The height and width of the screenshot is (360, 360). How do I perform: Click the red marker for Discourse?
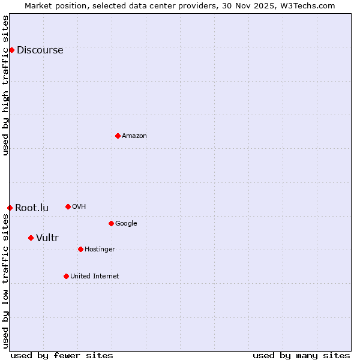click(11, 50)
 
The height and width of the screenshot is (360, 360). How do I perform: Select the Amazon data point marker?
click(118, 136)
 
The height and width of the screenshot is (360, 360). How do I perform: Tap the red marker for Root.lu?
click(10, 208)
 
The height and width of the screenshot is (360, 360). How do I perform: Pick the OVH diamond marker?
click(68, 206)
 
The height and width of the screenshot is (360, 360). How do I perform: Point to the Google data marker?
click(111, 223)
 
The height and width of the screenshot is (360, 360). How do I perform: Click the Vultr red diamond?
click(31, 238)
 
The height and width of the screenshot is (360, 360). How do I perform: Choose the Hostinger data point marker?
click(80, 249)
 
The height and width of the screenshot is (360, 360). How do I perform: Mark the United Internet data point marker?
click(66, 276)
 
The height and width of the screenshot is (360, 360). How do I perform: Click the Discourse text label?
click(40, 50)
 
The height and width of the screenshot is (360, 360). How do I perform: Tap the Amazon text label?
click(134, 136)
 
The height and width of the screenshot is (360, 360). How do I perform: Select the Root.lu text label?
click(32, 208)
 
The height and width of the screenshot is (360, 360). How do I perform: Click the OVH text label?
click(79, 206)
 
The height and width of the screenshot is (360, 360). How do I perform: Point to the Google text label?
click(126, 223)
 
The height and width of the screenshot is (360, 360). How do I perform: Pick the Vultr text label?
click(47, 238)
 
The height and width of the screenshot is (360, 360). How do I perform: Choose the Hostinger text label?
click(100, 249)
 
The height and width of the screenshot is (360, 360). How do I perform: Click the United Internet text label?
click(94, 276)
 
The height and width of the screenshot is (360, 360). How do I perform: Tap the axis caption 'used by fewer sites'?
click(62, 355)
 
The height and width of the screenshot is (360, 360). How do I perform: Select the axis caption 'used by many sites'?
click(301, 355)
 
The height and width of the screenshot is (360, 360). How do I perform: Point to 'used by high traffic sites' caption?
click(5, 85)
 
